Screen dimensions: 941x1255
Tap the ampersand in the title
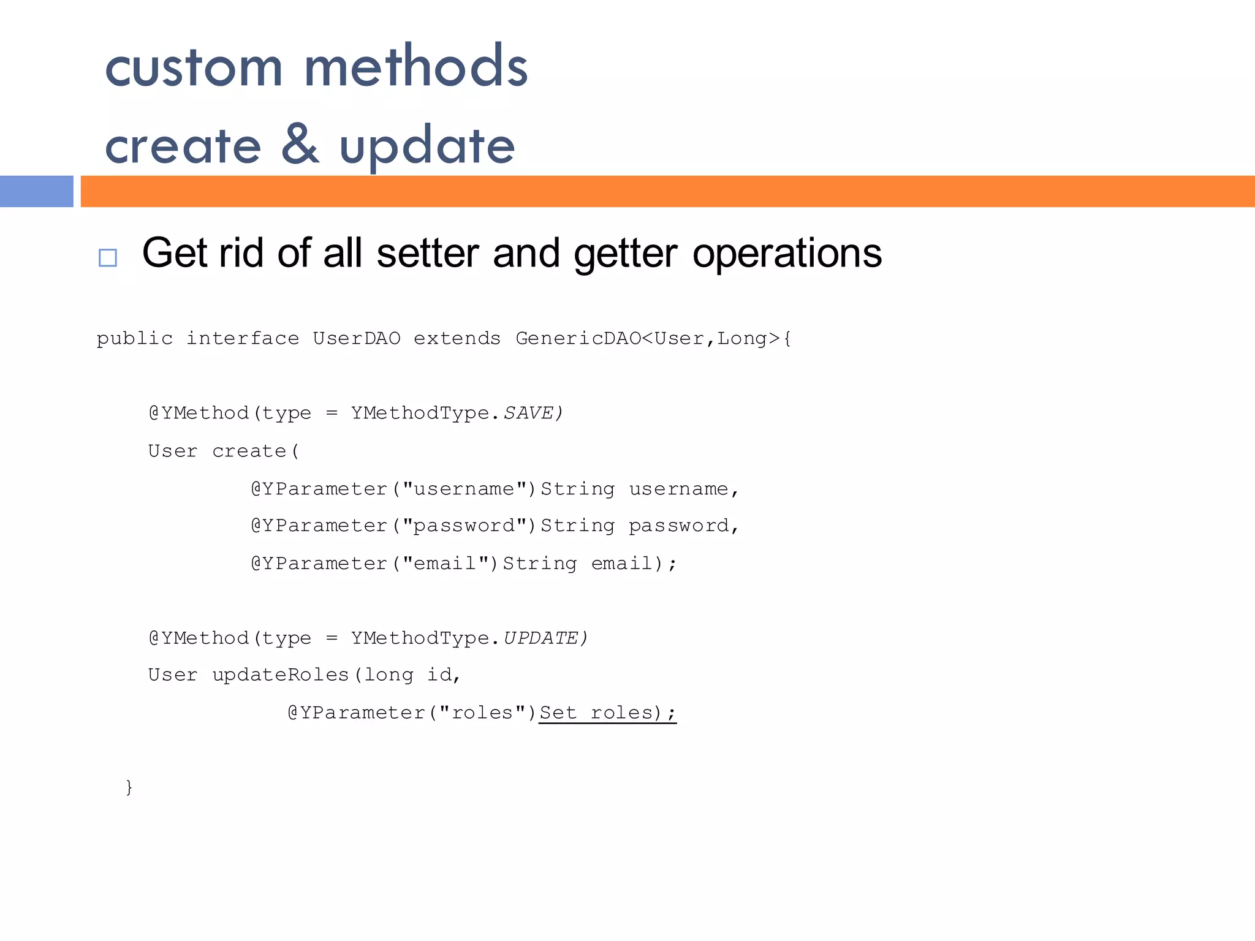click(300, 145)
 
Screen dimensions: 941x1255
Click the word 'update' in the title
click(427, 147)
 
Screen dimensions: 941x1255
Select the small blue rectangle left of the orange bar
click(36, 191)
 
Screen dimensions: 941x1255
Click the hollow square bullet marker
click(108, 257)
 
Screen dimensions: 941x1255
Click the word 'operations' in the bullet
click(787, 253)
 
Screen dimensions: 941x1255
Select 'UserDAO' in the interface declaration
click(357, 338)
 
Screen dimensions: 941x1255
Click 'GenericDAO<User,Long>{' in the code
click(653, 338)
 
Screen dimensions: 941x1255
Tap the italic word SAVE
click(528, 413)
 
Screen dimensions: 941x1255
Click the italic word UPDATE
click(540, 638)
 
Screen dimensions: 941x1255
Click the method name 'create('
click(256, 451)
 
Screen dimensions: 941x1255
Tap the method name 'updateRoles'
click(280, 675)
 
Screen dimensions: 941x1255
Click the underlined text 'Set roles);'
click(607, 712)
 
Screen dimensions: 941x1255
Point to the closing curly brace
click(129, 787)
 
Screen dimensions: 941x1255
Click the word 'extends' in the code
click(457, 338)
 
